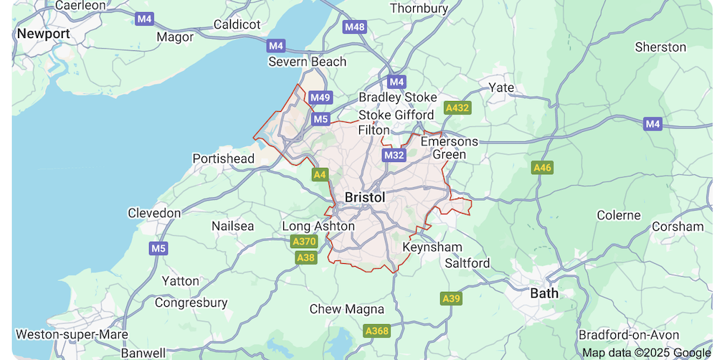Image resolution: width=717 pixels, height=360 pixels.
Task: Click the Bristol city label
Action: point(364,197)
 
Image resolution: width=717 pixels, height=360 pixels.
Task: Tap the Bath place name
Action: point(543,293)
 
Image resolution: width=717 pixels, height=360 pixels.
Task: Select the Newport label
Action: point(43,34)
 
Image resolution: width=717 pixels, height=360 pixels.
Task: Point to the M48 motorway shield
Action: point(354,27)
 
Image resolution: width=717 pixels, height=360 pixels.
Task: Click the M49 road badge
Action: point(320,98)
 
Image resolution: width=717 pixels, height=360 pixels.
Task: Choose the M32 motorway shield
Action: point(394,155)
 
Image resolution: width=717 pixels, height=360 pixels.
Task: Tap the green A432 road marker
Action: point(457,108)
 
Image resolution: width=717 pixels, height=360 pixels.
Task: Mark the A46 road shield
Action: point(542,168)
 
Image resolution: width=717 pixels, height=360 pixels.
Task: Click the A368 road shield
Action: point(376,331)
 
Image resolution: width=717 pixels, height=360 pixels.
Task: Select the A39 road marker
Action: point(451,298)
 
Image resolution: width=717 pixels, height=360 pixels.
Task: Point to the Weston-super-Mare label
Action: point(72,334)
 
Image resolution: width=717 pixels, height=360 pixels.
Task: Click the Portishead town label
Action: point(223,158)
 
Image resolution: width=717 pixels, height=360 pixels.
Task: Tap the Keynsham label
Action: point(432,247)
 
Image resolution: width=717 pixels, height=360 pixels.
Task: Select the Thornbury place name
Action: point(419,9)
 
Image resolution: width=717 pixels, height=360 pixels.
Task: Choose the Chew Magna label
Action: point(346,309)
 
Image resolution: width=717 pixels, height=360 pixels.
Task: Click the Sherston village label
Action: point(660,47)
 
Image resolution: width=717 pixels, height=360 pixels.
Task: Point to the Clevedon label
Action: point(154,213)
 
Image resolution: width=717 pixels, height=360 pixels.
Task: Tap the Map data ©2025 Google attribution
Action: point(645,352)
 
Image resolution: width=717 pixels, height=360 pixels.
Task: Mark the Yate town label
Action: point(501,87)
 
